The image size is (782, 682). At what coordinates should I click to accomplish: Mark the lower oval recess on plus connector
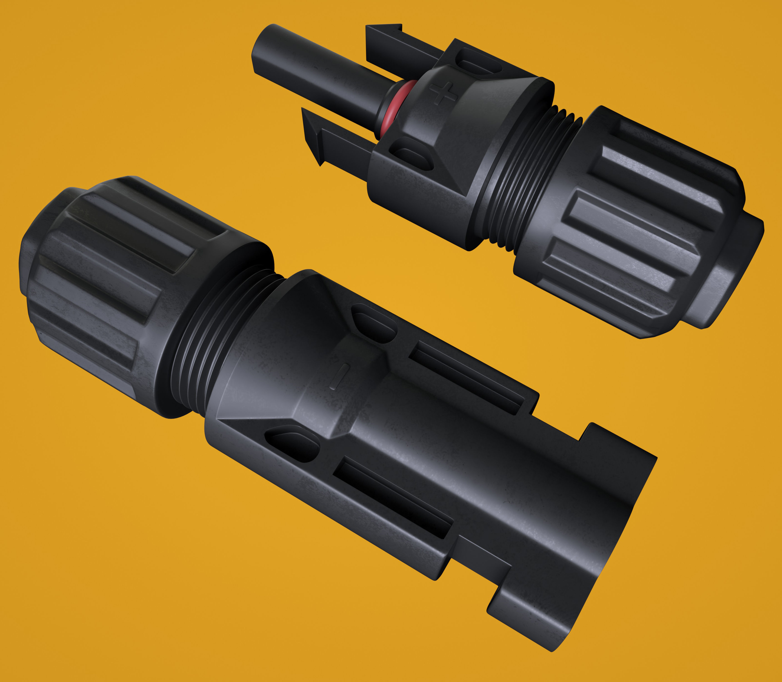[x=413, y=156]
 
